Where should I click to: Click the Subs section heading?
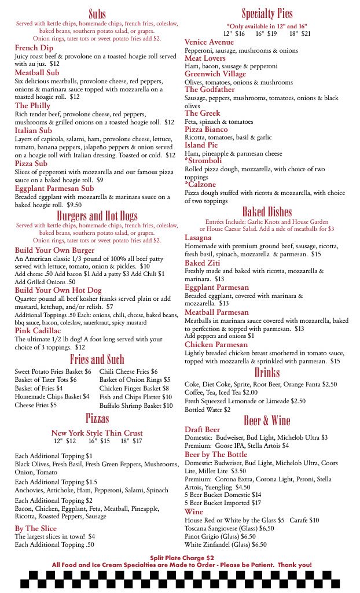click(x=97, y=14)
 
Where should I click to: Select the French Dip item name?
click(x=34, y=48)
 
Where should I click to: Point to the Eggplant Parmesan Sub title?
click(x=54, y=189)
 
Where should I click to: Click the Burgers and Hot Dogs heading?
click(x=97, y=216)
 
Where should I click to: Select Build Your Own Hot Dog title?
click(x=58, y=290)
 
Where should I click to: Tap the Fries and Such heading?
click(x=97, y=359)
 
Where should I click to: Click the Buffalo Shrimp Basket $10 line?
click(x=136, y=406)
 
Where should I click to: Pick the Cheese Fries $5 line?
click(x=36, y=406)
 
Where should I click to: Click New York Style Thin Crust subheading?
click(x=97, y=433)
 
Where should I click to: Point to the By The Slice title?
click(x=36, y=528)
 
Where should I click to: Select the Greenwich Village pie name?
click(x=215, y=74)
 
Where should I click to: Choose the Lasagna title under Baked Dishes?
click(x=198, y=238)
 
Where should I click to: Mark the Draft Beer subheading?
click(x=202, y=430)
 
